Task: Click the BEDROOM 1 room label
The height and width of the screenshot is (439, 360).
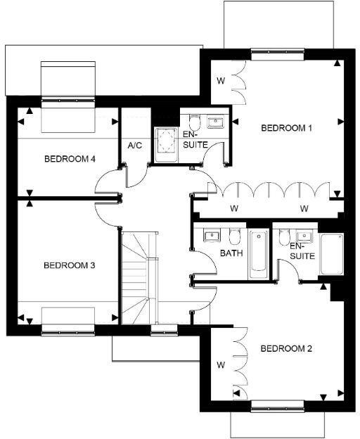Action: click(x=286, y=128)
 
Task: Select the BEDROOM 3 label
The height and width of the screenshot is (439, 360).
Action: click(x=69, y=265)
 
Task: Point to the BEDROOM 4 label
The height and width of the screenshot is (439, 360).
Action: click(x=70, y=159)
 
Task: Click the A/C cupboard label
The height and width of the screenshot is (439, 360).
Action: click(x=135, y=146)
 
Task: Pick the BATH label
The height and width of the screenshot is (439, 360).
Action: click(x=231, y=253)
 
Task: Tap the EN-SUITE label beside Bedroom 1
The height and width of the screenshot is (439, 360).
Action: click(x=194, y=139)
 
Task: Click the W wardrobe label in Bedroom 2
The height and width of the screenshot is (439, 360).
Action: click(x=221, y=365)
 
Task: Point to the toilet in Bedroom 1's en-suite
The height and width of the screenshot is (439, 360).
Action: click(x=195, y=120)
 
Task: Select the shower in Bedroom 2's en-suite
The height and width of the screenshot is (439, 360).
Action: click(x=330, y=255)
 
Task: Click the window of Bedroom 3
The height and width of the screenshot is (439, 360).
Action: click(x=68, y=327)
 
